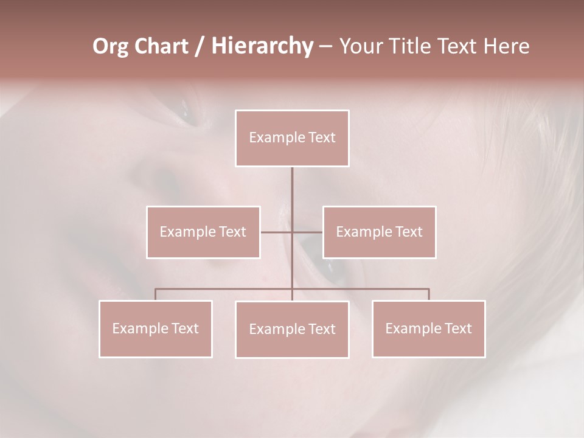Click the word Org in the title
tap(111, 47)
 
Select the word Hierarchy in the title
tap(262, 47)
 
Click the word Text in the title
tap(460, 47)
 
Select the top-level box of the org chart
tap(292, 138)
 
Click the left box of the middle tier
tap(203, 232)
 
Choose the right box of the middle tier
tap(379, 232)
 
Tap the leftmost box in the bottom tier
tap(155, 328)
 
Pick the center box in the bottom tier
tap(292, 329)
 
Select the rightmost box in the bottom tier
tap(428, 328)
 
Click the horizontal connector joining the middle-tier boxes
tap(277, 232)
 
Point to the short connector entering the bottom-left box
tap(155, 294)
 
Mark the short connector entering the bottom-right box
tap(428, 294)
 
